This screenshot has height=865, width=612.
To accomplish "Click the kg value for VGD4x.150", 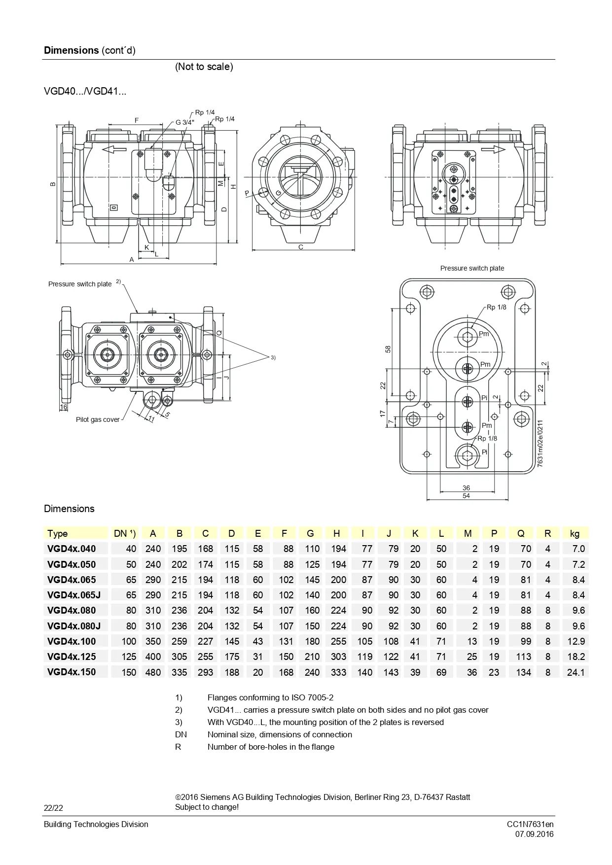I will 576,672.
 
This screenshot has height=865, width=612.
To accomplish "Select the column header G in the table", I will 310,533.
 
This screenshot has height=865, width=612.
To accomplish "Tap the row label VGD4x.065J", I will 74,595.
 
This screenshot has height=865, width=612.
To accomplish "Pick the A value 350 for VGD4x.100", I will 153,641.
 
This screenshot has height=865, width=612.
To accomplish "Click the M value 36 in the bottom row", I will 472,672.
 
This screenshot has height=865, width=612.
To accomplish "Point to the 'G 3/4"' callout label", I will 185,122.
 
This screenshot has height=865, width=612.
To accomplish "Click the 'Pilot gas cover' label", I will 98,419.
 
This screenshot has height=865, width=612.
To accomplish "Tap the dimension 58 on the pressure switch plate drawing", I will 388,349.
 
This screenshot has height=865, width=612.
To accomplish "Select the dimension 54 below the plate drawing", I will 466,496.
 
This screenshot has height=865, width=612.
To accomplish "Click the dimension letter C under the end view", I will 301,247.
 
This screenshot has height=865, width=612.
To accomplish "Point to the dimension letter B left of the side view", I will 53,184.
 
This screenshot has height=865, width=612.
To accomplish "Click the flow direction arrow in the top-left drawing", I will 114,149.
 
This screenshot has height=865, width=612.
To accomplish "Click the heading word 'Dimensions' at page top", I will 72,50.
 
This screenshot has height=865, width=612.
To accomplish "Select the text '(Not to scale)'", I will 204,67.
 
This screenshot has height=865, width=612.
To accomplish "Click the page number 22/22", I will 54,808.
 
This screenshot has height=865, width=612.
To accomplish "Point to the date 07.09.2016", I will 535,834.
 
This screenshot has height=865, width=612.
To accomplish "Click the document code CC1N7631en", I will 530,824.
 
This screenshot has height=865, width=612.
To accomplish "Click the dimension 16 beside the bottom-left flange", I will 64,407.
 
